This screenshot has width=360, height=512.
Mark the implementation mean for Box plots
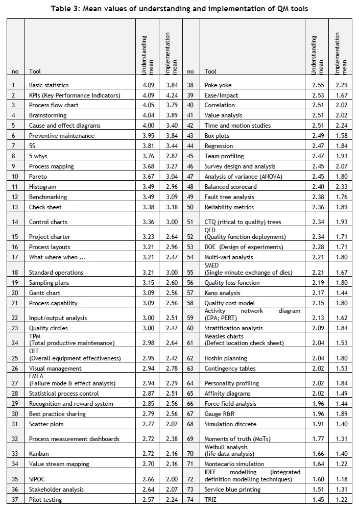coord(342,136)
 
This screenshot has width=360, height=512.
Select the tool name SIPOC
coord(37,479)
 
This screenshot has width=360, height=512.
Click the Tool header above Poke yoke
coord(210,71)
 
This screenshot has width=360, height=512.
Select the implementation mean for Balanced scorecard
coord(342,186)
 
